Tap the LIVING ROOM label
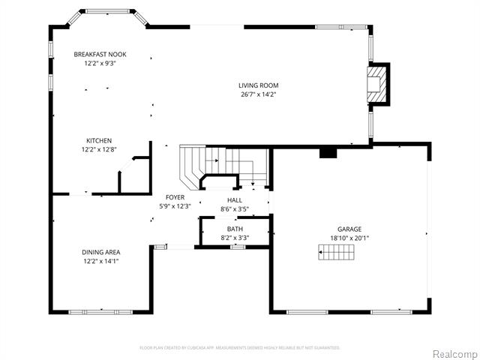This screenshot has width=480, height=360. [x=259, y=85]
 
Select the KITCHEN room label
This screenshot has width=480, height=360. [x=99, y=141]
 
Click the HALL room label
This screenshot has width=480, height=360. [x=235, y=200]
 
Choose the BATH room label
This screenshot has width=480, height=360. [x=235, y=229]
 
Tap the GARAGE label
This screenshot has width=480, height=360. [x=349, y=229]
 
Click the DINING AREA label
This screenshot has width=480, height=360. [x=101, y=252]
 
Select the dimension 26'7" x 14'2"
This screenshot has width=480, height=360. [x=259, y=94]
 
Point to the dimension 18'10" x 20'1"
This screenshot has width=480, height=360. [x=349, y=238]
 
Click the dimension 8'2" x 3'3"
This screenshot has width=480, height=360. [x=235, y=238]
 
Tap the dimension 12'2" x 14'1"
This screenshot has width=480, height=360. [x=101, y=261]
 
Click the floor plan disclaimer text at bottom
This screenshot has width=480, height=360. [x=240, y=347]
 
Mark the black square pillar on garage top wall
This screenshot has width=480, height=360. [x=328, y=152]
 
